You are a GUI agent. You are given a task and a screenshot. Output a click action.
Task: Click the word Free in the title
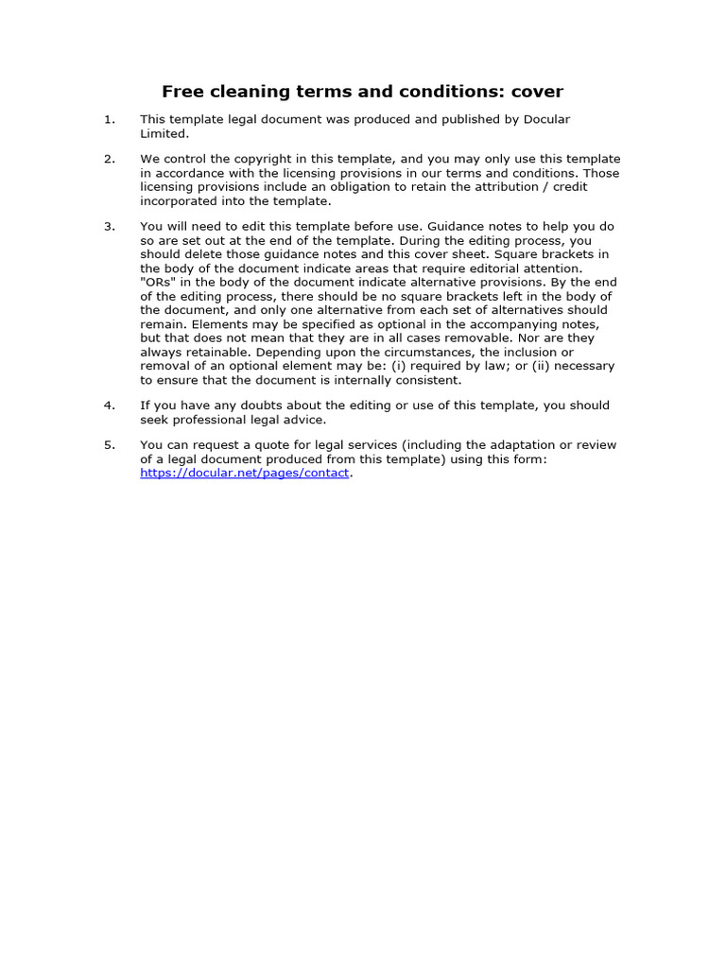pyautogui.click(x=182, y=92)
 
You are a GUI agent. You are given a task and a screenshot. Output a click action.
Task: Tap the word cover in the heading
pyautogui.click(x=537, y=92)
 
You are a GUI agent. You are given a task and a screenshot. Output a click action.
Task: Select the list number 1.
pyautogui.click(x=110, y=119)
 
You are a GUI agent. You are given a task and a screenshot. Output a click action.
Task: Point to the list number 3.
pyautogui.click(x=110, y=227)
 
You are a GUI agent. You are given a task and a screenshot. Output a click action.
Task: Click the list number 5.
pyautogui.click(x=110, y=445)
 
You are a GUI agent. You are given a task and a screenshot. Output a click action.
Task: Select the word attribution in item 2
pyautogui.click(x=527, y=187)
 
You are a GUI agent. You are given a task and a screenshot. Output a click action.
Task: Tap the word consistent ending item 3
pyautogui.click(x=428, y=381)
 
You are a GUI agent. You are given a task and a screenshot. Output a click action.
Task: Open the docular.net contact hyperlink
pyautogui.click(x=245, y=474)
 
